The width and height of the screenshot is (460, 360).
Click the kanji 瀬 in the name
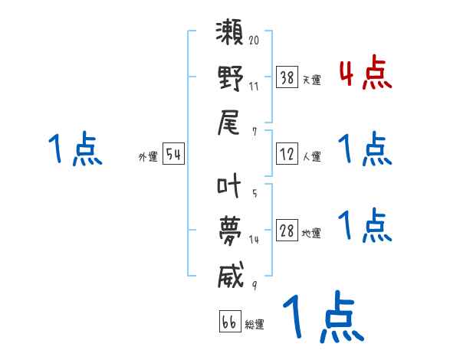click(x=231, y=36)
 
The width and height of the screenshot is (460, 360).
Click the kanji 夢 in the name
click(x=231, y=230)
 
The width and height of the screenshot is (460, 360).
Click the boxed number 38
click(x=287, y=77)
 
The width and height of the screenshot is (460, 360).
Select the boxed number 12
click(x=287, y=154)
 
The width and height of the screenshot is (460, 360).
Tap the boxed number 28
click(x=287, y=231)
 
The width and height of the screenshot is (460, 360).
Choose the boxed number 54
click(x=174, y=155)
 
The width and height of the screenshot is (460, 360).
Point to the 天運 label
click(x=311, y=80)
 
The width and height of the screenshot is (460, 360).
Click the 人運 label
click(x=311, y=156)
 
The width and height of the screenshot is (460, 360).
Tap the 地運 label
click(x=311, y=233)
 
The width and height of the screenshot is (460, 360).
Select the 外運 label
click(x=148, y=157)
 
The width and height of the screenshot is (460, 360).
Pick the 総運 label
click(x=255, y=324)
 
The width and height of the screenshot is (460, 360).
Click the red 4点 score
click(x=365, y=74)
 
